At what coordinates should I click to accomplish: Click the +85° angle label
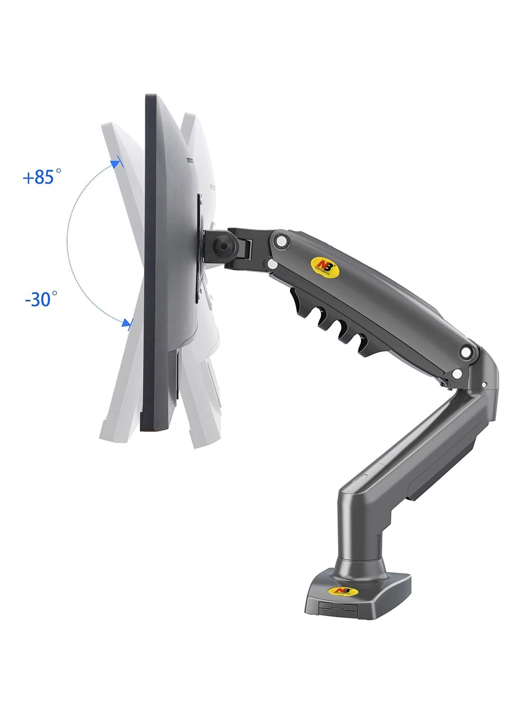point(42,177)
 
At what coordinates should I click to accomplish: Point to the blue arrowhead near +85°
point(117,163)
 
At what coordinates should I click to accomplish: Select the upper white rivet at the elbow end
point(467,352)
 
